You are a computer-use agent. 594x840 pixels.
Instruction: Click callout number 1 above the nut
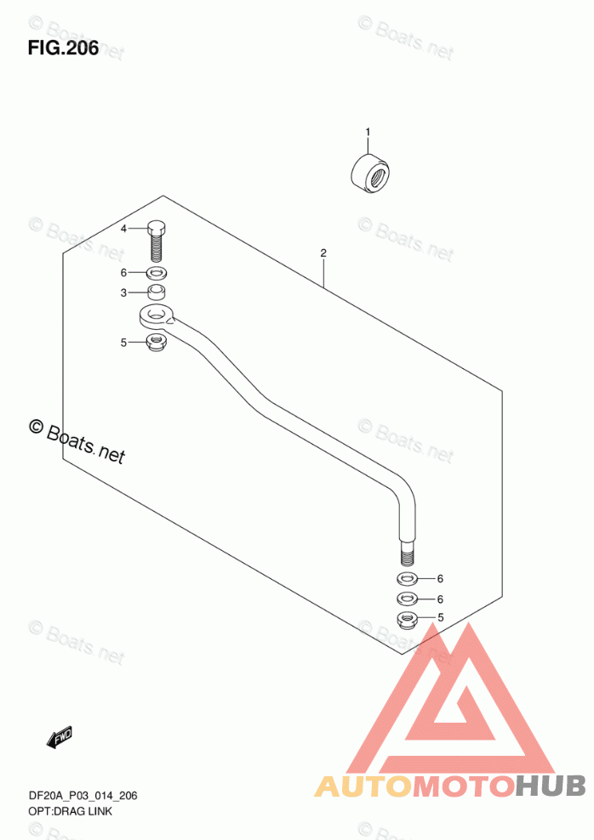(x=368, y=132)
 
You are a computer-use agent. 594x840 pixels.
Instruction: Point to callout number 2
(x=323, y=253)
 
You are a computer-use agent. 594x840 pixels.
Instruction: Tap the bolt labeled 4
(x=157, y=241)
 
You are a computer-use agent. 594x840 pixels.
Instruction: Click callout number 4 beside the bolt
(x=123, y=230)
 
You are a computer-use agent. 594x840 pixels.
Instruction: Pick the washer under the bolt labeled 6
(x=157, y=274)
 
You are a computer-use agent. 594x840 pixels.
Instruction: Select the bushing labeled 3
(x=157, y=293)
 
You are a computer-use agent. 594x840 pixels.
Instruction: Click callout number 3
(x=123, y=293)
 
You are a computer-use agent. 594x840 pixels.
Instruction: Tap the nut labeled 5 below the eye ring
(x=156, y=343)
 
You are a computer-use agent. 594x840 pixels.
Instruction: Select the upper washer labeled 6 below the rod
(x=407, y=579)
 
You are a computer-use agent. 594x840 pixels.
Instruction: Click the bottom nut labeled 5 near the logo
(x=407, y=619)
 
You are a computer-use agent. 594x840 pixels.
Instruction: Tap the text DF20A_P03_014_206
(x=71, y=796)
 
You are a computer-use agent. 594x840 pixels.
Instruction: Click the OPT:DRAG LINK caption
(x=58, y=811)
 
